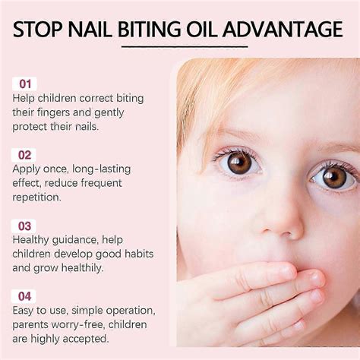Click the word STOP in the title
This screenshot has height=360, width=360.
click(40, 30)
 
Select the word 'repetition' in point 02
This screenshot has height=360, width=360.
click(37, 197)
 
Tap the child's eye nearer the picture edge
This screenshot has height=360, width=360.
click(333, 178)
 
